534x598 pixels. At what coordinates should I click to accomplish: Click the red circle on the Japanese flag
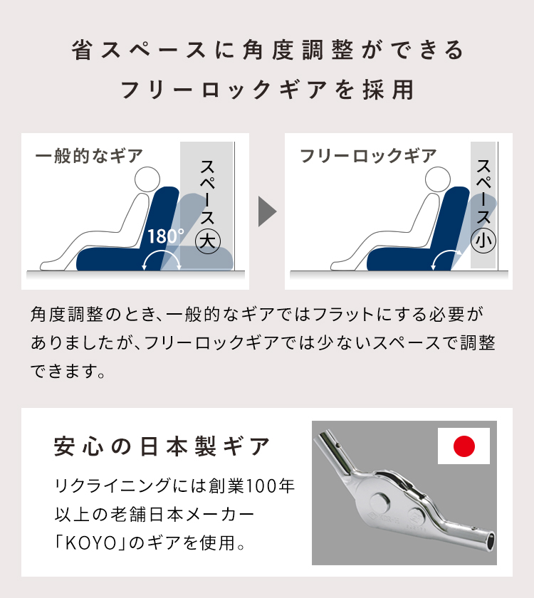click(x=464, y=446)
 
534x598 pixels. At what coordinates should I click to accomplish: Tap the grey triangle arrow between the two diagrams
click(x=267, y=211)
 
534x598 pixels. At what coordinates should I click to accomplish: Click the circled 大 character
click(x=208, y=241)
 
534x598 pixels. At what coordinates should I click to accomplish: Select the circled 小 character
click(x=483, y=241)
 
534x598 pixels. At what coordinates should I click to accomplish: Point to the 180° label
click(x=165, y=236)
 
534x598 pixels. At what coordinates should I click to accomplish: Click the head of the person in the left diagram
click(x=147, y=179)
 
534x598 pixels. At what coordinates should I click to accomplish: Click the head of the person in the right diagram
click(x=438, y=179)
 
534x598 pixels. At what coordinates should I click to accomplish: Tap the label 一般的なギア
click(x=88, y=156)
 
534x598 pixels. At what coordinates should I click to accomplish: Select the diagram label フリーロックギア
click(x=368, y=156)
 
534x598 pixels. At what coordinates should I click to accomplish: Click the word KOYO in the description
click(x=91, y=542)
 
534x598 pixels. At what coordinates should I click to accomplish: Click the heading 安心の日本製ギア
click(x=162, y=446)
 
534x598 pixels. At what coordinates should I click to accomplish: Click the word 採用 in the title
click(x=388, y=90)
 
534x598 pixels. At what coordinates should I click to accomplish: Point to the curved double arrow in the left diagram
click(x=162, y=253)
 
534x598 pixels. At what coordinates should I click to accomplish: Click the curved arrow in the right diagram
click(x=446, y=253)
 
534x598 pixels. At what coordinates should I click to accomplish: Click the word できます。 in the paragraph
click(x=68, y=371)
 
